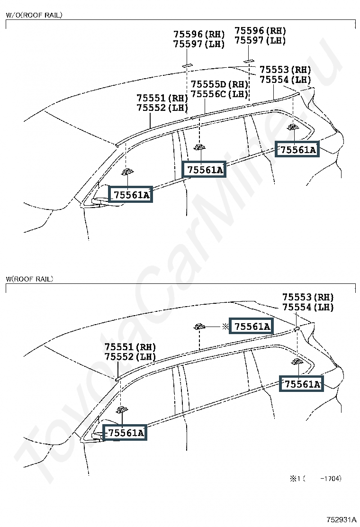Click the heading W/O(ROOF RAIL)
coord(34,15)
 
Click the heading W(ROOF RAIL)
coord(29,279)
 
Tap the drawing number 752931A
coord(342,519)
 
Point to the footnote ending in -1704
coord(315,478)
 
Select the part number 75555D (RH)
coord(220,84)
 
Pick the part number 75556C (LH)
coord(220,94)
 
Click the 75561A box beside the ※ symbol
coord(252,326)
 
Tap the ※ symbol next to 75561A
coord(225,326)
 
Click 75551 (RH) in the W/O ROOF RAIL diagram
coord(162,98)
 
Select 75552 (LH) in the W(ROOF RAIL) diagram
coord(130,356)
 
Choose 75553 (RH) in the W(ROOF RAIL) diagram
coord(308,297)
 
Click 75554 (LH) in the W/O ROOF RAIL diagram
coord(286,80)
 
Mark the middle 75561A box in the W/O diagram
coord(205,170)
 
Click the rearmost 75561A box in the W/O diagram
coord(297,150)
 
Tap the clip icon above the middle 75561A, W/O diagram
coord(200,147)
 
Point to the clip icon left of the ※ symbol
coord(199,326)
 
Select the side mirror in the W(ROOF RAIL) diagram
coord(98,436)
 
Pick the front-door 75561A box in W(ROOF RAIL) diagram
coord(125,433)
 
